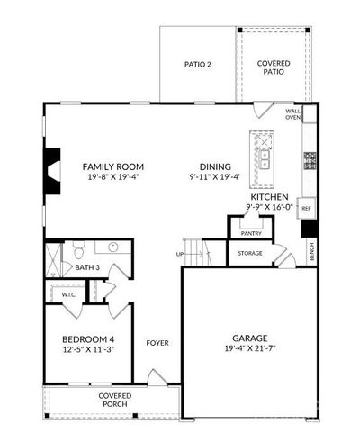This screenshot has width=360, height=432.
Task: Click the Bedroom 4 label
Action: (x=88, y=338)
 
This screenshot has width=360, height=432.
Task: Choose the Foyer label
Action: (x=158, y=343)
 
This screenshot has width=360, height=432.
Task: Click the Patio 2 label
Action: (x=197, y=64)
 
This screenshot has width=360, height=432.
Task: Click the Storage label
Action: (x=250, y=253)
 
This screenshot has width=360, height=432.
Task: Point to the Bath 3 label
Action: (x=86, y=267)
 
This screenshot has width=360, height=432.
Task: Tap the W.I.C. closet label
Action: (x=68, y=293)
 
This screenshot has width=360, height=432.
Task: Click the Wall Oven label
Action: (x=293, y=114)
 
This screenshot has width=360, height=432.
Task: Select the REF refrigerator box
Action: (x=306, y=208)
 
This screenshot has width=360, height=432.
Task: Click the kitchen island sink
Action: (x=265, y=157)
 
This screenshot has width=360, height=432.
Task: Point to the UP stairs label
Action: (x=180, y=254)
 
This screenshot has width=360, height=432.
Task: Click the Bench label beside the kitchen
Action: (x=311, y=254)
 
